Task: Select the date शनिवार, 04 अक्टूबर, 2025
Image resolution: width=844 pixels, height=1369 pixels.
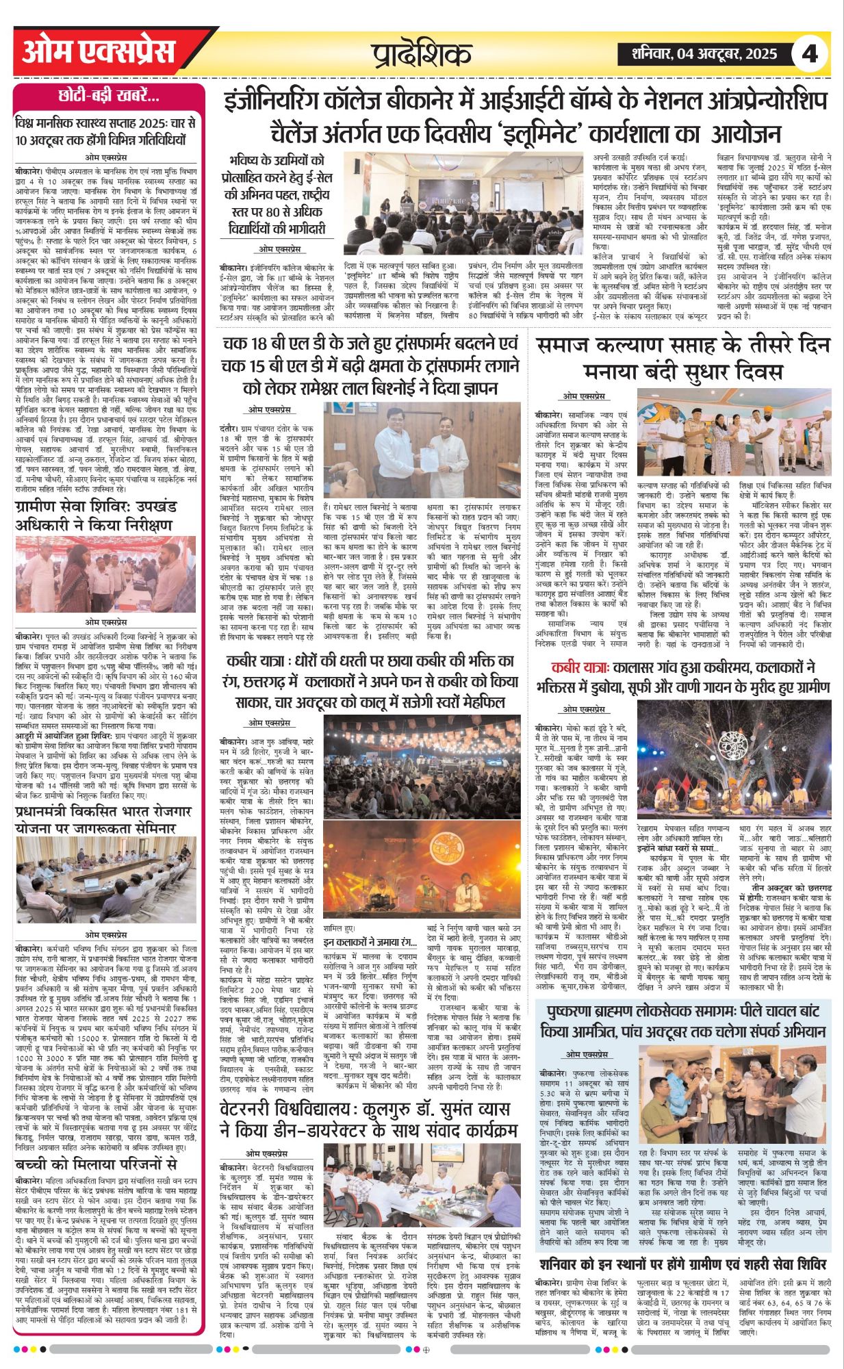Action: [x=697, y=54]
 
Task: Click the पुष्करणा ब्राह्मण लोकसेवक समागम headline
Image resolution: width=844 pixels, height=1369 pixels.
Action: [x=682, y=1021]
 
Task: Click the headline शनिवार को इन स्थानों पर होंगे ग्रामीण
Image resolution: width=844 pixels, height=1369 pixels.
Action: [x=682, y=1264]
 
